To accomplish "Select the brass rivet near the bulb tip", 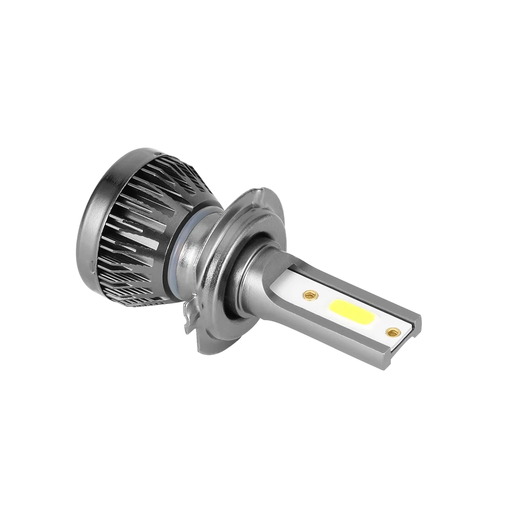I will click(x=391, y=332).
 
